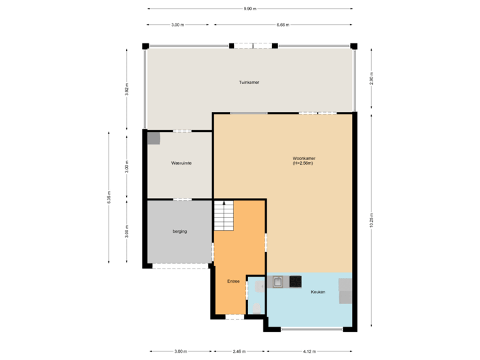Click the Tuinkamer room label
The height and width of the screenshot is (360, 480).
[249, 83]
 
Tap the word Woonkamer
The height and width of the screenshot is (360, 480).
[304, 159]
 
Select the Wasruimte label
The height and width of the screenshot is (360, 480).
[181, 163]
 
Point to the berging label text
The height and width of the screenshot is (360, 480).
[179, 231]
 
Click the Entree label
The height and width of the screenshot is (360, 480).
[233, 281]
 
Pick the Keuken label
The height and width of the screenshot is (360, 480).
[318, 292]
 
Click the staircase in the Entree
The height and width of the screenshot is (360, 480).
[224, 216]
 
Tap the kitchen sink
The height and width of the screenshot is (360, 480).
[277, 282]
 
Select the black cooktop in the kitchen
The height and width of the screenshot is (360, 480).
[295, 282]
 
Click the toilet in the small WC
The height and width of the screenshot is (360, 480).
[257, 307]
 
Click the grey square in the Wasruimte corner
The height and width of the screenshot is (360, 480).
[154, 138]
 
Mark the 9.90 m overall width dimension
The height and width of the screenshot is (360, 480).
[249, 9]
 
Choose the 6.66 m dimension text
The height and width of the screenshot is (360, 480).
[283, 25]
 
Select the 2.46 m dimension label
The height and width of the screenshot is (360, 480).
[239, 351]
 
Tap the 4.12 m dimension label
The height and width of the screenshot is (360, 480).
[310, 351]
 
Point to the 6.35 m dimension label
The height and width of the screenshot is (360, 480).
[109, 197]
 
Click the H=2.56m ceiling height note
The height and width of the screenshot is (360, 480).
[304, 163]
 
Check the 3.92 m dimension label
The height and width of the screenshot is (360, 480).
[127, 89]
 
